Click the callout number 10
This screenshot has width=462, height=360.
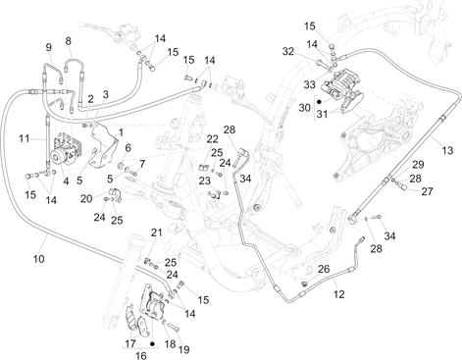click(x=38, y=259)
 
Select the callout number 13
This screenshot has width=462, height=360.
click(x=447, y=150)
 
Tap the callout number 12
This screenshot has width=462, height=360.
click(x=339, y=294)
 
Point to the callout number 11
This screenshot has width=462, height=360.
click(x=25, y=138)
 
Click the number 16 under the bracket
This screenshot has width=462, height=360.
click(x=141, y=355)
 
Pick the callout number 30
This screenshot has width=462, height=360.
click(x=305, y=108)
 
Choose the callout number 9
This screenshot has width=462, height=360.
click(x=49, y=47)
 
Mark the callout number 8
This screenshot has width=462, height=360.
click(x=68, y=41)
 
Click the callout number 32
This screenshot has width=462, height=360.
click(x=288, y=52)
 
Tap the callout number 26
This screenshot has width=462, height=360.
click(x=324, y=269)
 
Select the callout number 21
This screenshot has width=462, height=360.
click(x=157, y=232)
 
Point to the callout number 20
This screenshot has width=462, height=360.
click(x=86, y=198)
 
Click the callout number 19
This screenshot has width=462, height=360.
click(x=184, y=350)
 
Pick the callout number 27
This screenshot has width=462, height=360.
click(x=427, y=191)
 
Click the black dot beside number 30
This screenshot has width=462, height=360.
click(x=320, y=102)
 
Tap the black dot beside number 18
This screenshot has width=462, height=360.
click(x=152, y=344)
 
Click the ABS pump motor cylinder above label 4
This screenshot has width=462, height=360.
click(x=59, y=158)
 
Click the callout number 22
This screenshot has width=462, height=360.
click(x=213, y=139)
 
